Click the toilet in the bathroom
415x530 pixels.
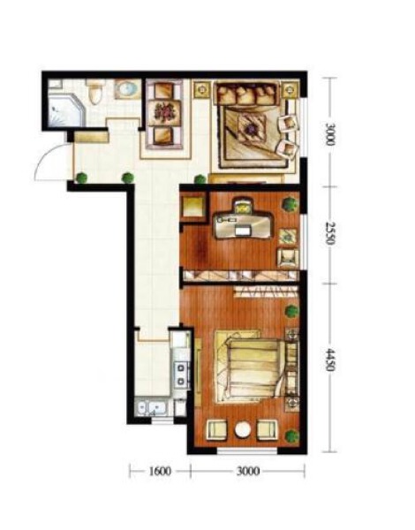94,92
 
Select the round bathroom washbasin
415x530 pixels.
127,89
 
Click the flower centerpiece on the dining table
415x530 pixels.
164,112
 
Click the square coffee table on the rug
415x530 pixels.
251,128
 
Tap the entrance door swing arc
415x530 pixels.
48,159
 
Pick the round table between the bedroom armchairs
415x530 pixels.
243,430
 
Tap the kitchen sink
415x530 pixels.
150,408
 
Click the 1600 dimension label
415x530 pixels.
160,471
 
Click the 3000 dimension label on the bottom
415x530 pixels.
248,471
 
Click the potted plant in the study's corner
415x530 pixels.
290,204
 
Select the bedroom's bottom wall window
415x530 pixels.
247,450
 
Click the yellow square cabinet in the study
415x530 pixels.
192,206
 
